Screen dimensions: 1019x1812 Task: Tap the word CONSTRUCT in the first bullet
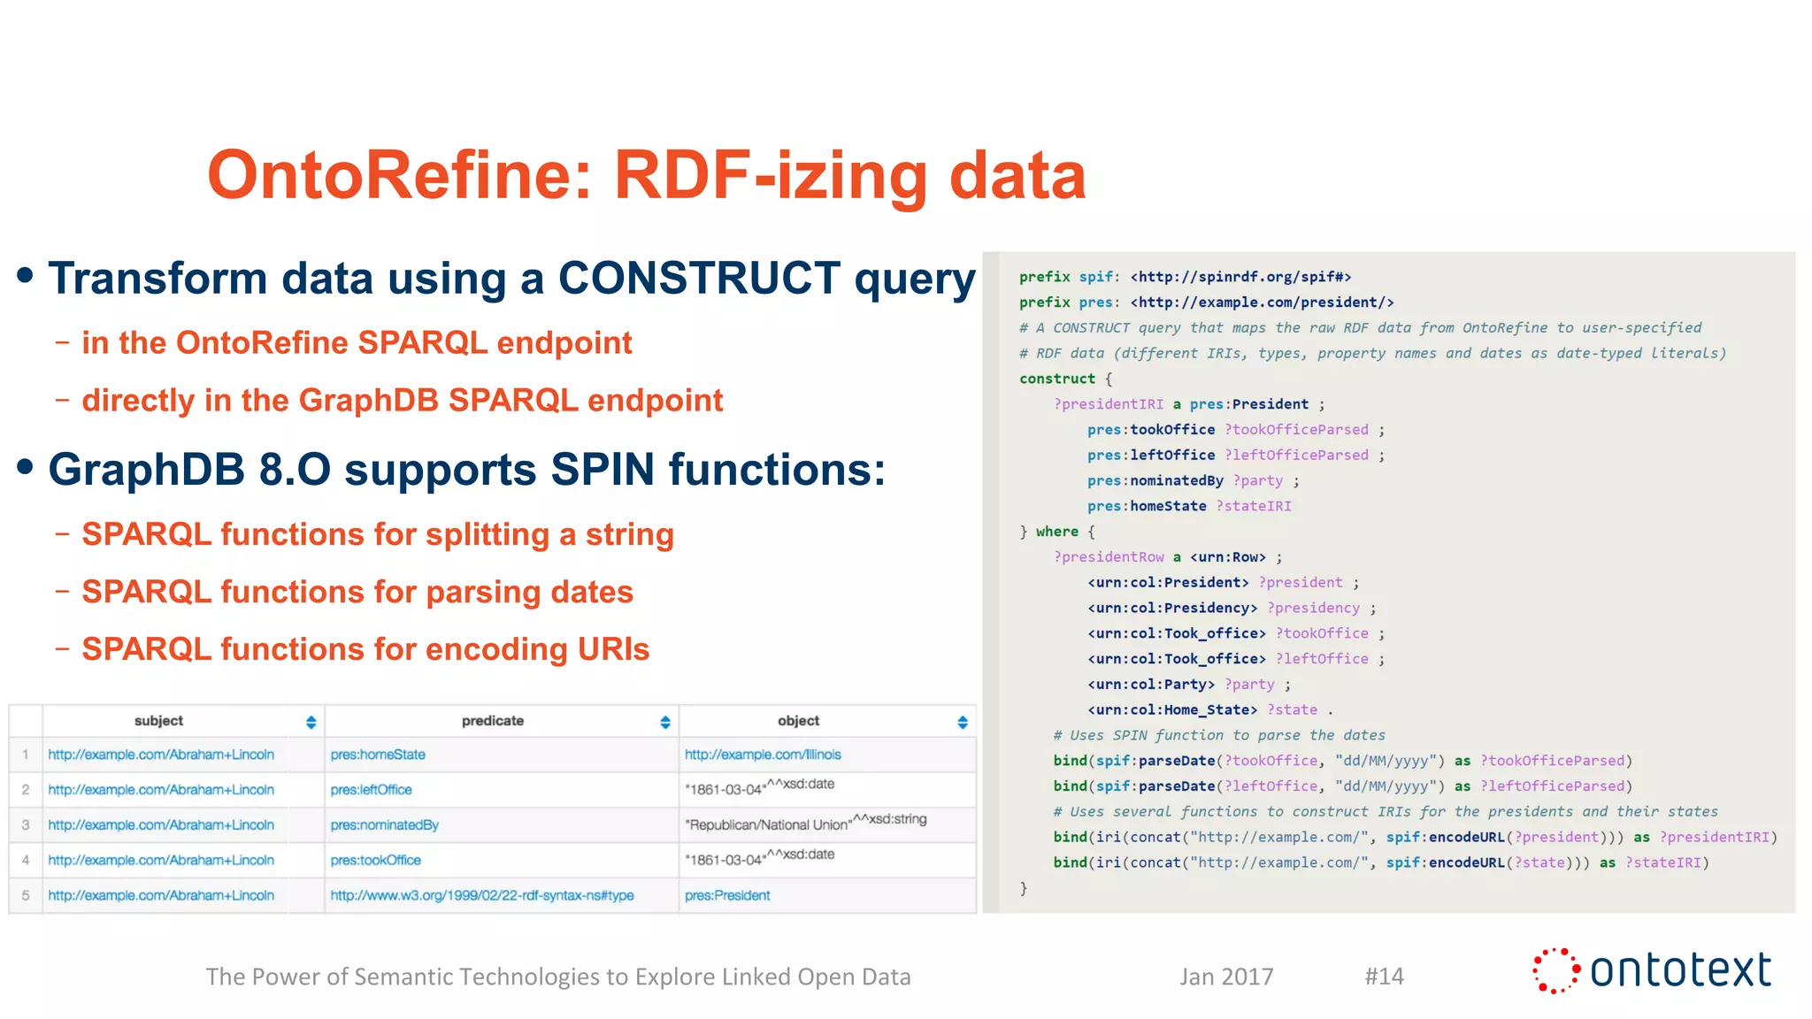(x=699, y=279)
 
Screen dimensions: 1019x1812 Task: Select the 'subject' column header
(x=159, y=721)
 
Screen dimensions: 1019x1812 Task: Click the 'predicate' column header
(x=493, y=721)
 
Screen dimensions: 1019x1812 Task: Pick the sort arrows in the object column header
(x=963, y=722)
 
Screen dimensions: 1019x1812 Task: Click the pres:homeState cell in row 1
(x=378, y=755)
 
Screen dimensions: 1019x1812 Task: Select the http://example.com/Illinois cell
(x=763, y=755)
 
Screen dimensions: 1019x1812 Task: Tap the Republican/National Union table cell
(x=768, y=824)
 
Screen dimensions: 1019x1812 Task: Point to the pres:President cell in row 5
(x=727, y=895)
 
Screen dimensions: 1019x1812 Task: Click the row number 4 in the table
(x=26, y=860)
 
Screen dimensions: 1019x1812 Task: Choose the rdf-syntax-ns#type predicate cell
(x=482, y=895)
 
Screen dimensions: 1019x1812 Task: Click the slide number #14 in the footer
(x=1384, y=976)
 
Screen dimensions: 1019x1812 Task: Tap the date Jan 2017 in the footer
(x=1226, y=976)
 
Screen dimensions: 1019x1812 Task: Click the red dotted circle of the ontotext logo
(x=1555, y=970)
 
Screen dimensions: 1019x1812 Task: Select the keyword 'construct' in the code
(x=1057, y=379)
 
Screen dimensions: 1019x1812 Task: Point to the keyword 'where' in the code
(x=1057, y=532)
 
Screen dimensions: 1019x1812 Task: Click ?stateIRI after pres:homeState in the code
(x=1254, y=506)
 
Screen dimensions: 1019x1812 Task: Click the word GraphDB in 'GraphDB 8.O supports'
(x=146, y=470)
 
